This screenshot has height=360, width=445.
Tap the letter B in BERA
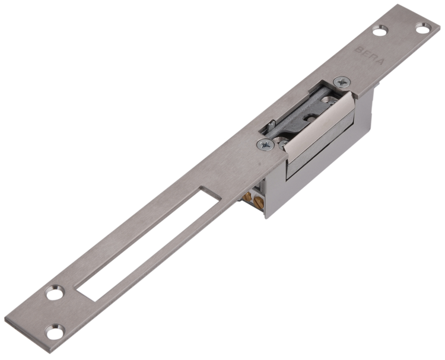(x=358, y=50)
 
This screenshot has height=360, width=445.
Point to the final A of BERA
(x=380, y=61)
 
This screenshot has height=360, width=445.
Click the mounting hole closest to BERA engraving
(x=380, y=31)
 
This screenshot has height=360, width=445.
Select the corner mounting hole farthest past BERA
(x=424, y=28)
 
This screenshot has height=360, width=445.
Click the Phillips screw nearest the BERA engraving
(x=342, y=82)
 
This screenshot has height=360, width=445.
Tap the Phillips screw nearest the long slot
(x=266, y=145)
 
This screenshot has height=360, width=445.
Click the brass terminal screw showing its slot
(x=259, y=202)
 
